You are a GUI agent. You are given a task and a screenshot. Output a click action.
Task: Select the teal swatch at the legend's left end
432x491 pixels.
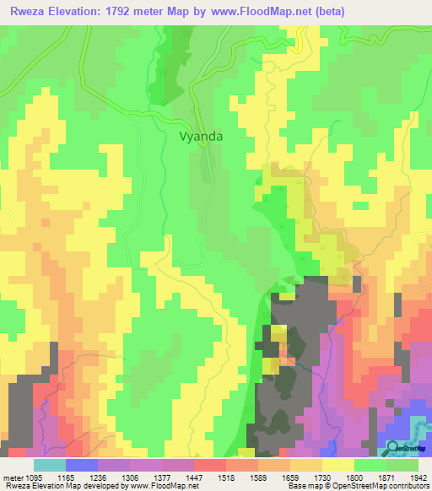(x=50, y=464)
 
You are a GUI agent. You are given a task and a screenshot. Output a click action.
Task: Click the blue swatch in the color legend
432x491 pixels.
(x=82, y=464)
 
